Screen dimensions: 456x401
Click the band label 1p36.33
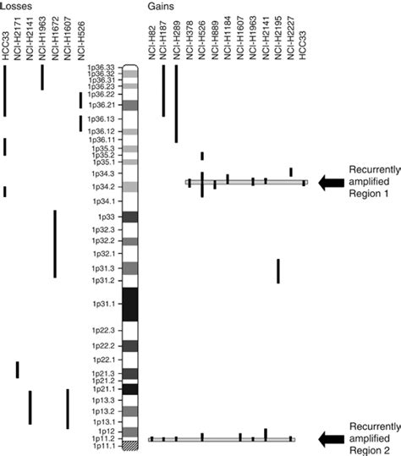coord(103,68)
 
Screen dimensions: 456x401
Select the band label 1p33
coord(108,217)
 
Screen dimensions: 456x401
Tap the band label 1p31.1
coord(106,302)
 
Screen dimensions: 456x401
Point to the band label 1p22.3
coord(105,331)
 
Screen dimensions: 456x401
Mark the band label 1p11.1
coord(105,445)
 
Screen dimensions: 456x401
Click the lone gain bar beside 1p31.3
coord(278,271)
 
